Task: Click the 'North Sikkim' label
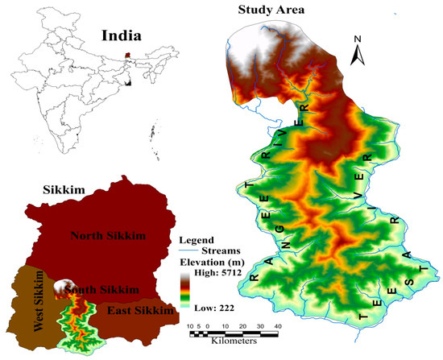[x=113, y=236]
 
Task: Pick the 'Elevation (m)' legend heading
[x=213, y=261]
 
